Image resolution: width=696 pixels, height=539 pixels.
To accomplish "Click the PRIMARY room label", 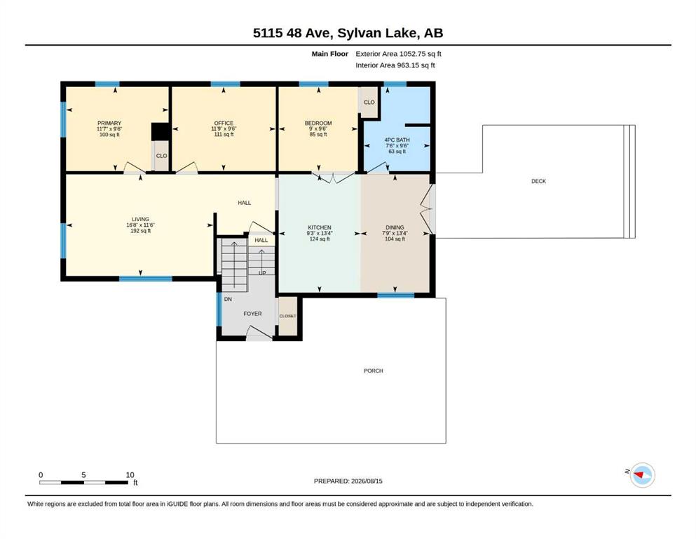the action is [x=109, y=123].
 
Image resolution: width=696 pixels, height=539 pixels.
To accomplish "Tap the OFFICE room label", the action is [x=224, y=123].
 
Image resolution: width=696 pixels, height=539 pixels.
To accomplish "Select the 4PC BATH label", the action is [x=397, y=140].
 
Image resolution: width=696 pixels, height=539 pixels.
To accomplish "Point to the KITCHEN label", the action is [x=320, y=227].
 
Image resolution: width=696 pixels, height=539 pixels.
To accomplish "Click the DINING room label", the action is [x=395, y=227].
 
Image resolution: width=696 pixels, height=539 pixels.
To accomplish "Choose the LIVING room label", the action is [x=140, y=220].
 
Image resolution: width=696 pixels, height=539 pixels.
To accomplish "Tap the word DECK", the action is [x=538, y=181].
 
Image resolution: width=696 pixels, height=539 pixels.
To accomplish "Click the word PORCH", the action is [x=374, y=371].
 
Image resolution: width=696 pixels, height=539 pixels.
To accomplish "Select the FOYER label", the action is [x=252, y=314].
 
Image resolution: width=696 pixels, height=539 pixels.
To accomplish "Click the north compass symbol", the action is [x=642, y=475].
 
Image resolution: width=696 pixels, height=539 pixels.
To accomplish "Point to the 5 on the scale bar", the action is [x=83, y=475].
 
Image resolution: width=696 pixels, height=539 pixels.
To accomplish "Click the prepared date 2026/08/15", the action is [x=367, y=481].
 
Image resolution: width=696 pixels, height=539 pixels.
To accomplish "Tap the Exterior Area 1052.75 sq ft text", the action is [x=398, y=54].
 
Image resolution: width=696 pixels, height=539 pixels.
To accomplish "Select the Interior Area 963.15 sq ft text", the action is [x=395, y=65].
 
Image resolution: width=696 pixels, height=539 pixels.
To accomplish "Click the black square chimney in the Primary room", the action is [x=161, y=132].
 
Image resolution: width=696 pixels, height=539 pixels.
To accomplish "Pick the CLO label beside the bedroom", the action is [x=369, y=102].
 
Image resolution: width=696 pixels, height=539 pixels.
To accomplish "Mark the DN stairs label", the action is [x=228, y=300].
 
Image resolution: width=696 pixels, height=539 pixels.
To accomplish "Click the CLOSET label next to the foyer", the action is [x=287, y=316].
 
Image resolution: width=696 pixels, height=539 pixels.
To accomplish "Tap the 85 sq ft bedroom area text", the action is [x=318, y=135].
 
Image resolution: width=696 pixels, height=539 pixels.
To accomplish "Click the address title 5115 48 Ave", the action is [x=293, y=33].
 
